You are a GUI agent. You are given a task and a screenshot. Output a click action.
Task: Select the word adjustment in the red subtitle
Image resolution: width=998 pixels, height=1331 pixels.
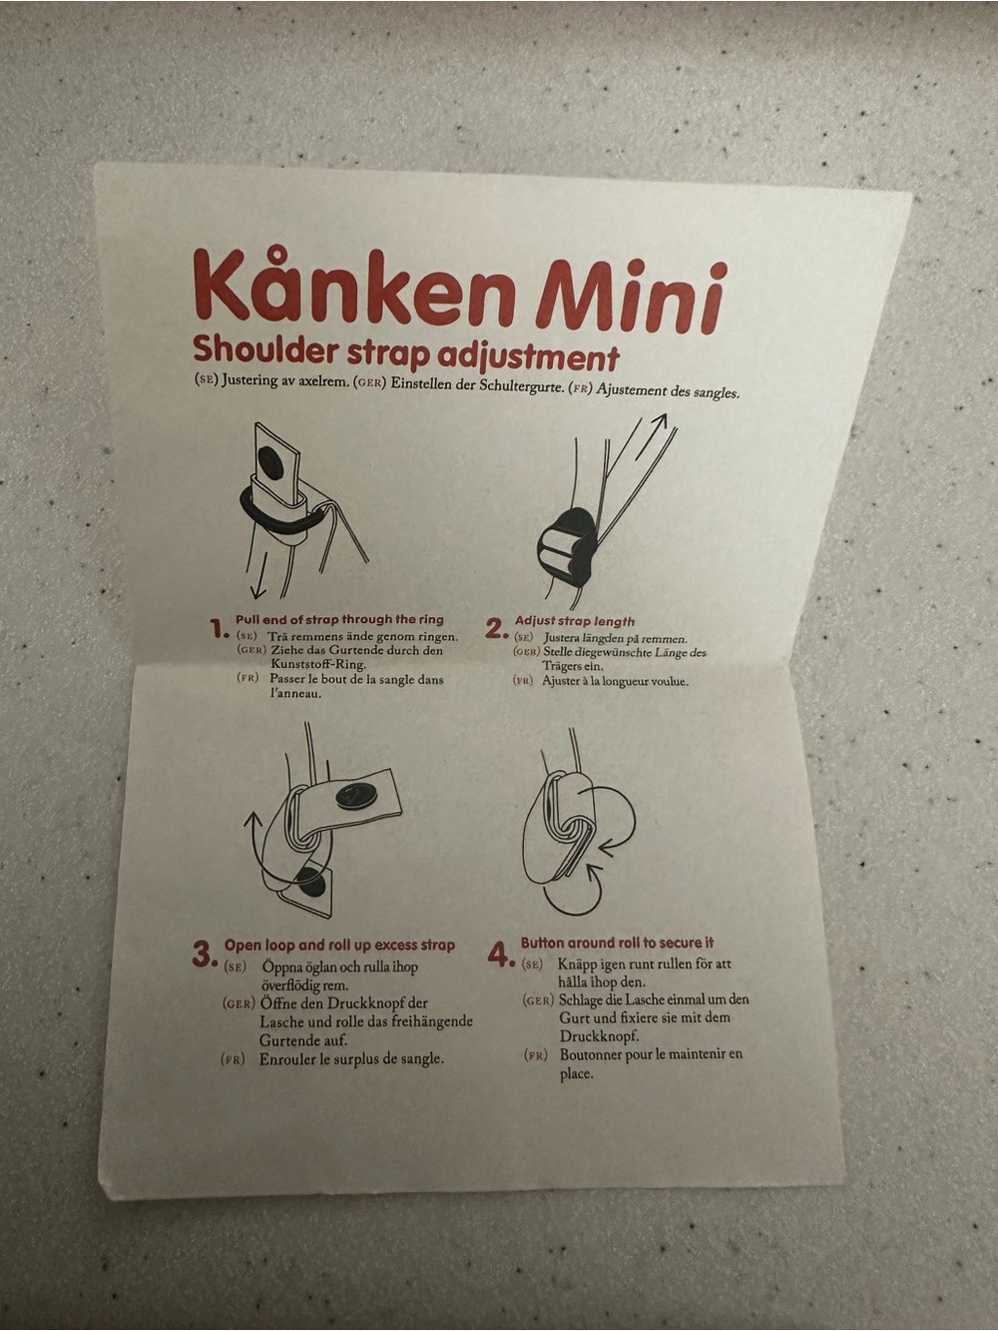(528, 358)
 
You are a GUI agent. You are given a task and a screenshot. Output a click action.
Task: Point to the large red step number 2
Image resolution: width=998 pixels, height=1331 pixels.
(496, 629)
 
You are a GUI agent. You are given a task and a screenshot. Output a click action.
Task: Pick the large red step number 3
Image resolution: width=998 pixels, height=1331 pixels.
(205, 955)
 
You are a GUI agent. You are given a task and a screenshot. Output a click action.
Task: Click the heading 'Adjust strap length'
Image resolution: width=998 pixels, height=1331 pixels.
(575, 621)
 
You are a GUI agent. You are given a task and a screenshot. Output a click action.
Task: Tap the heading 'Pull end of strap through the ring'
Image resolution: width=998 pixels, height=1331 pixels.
(339, 620)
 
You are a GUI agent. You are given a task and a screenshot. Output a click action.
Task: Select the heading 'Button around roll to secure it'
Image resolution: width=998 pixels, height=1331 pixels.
(617, 943)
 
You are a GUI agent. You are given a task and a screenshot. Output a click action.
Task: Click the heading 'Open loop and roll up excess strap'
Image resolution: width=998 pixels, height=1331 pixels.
(339, 945)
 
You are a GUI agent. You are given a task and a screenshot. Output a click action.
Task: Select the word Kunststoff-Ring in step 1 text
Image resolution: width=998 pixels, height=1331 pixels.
(318, 664)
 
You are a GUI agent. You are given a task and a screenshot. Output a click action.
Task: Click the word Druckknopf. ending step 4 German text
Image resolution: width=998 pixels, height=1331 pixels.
(599, 1035)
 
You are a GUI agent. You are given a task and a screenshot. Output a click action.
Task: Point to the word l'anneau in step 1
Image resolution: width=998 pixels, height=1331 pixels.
(295, 694)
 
